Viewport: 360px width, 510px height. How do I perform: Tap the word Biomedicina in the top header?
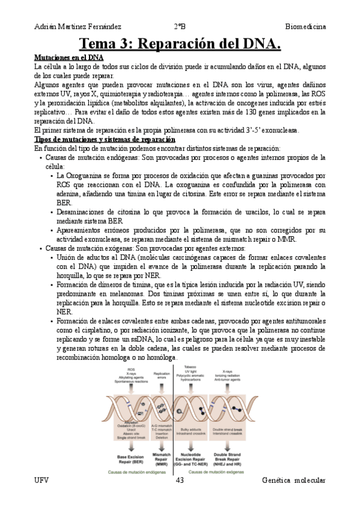tap(305, 27)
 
